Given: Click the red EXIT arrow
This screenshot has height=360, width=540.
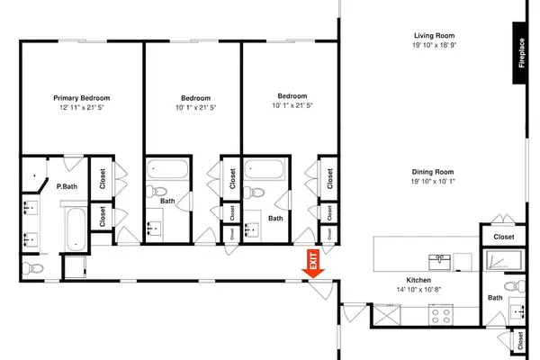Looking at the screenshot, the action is tap(313, 264).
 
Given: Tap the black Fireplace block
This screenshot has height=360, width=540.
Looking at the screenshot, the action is tap(519, 53).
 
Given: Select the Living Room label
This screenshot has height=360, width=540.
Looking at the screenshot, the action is tap(434, 35).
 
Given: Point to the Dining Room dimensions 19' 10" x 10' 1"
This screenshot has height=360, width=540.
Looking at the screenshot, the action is tap(433, 181).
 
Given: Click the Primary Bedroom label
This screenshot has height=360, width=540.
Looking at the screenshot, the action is tap(82, 98).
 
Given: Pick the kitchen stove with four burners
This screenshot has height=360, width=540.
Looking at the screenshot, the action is tap(441, 315).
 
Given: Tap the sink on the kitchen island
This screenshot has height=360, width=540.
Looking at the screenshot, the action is tap(439, 262).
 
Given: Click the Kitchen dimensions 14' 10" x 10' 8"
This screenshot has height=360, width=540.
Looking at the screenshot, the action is tap(418, 290).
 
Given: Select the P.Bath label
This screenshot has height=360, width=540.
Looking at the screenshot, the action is tap(67, 186).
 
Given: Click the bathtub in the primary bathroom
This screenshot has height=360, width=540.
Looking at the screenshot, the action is tap(76, 229).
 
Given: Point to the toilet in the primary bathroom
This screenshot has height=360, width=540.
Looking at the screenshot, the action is tap(32, 268).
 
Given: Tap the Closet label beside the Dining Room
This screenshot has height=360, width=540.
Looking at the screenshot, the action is tap(504, 237).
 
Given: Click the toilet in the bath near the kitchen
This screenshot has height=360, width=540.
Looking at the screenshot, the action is tap(515, 286).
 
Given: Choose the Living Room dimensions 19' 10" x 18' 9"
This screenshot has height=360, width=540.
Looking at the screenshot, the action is tap(435, 45).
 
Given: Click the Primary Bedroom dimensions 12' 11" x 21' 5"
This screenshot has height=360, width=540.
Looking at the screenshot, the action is tap(82, 107).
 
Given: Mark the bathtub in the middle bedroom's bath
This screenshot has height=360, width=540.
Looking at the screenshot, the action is tap(167, 169).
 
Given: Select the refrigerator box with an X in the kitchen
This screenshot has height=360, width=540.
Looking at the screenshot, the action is tap(387, 314).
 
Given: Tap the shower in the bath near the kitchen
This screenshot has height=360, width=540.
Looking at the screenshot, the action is tap(504, 260).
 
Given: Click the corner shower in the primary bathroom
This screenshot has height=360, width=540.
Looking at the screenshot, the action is tap(34, 175).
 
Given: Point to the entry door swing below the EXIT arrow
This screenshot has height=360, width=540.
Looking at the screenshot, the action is tap(320, 290).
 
